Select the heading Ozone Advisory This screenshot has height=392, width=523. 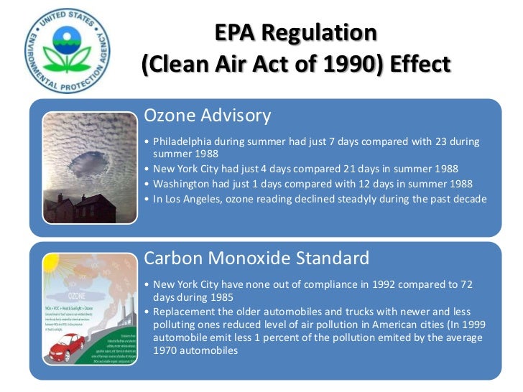(x=208, y=116)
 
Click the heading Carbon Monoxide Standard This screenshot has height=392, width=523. (x=256, y=258)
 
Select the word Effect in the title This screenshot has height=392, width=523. (x=417, y=65)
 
